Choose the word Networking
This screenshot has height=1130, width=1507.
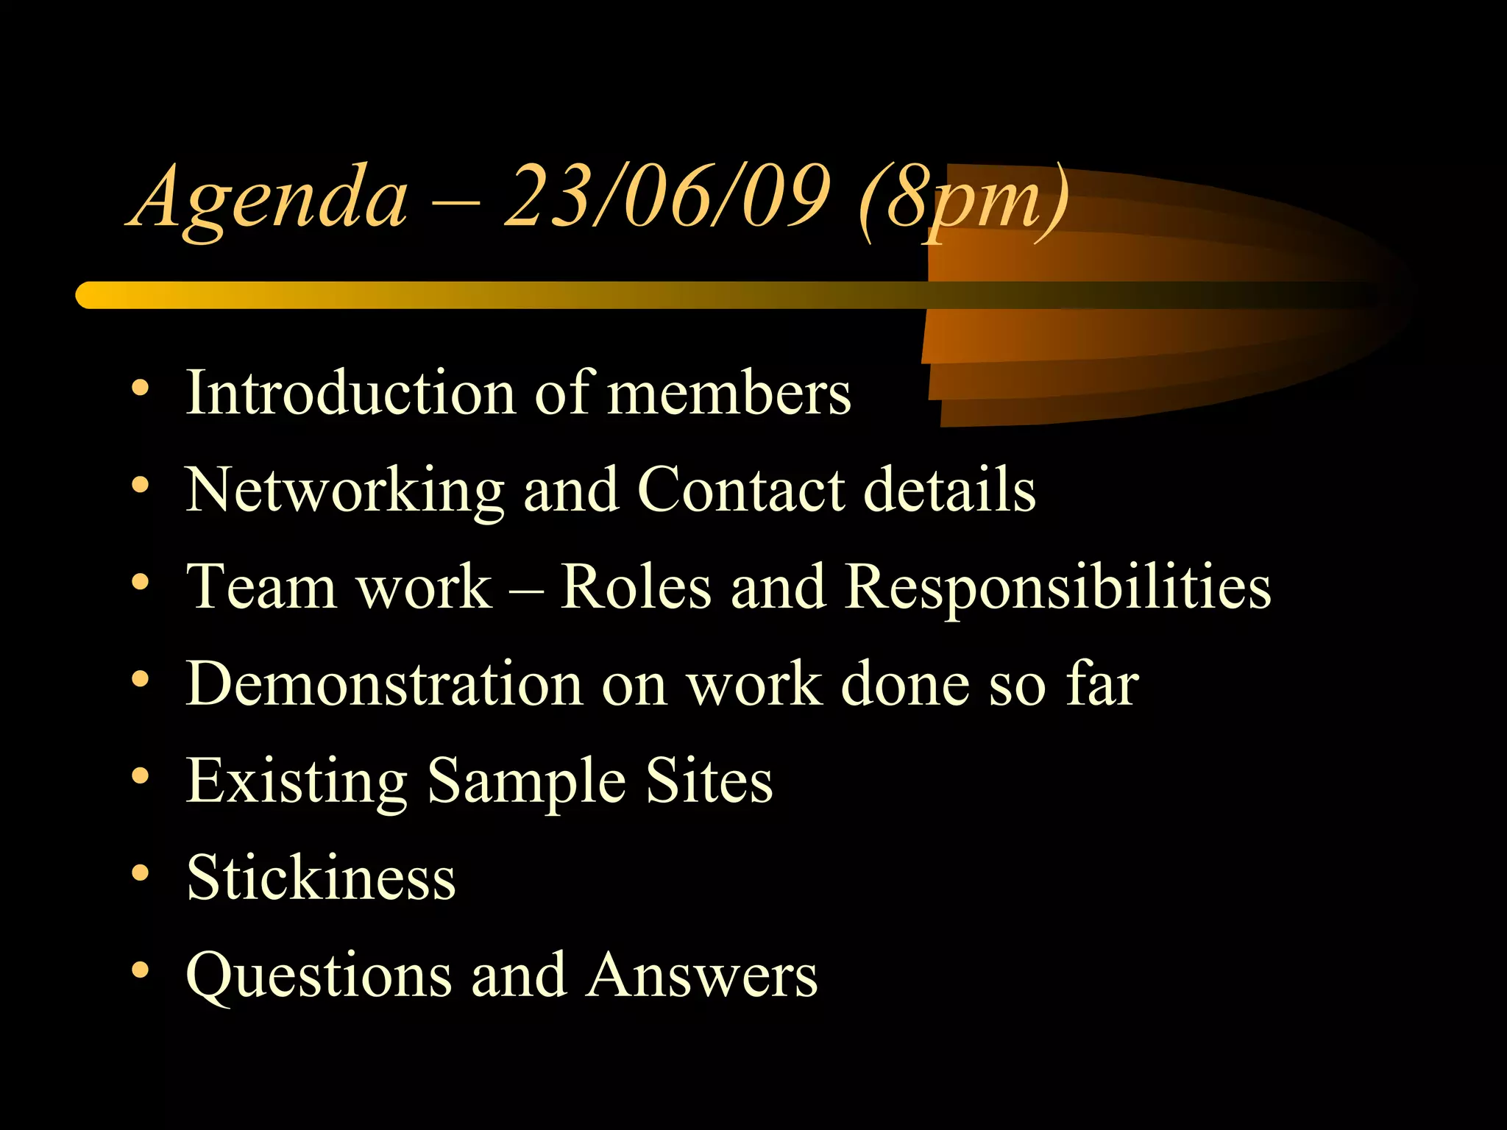point(344,491)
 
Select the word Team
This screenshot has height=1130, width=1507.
point(261,586)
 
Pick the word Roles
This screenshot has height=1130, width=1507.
point(636,586)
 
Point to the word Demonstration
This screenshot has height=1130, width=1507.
point(384,683)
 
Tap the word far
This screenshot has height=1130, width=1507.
point(1102,683)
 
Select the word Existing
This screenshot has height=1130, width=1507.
point(297,782)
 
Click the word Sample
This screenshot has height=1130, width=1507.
point(526,782)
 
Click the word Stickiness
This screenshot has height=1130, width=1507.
point(321,877)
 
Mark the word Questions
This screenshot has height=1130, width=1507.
point(319,976)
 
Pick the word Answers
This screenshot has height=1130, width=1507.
point(702,974)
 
